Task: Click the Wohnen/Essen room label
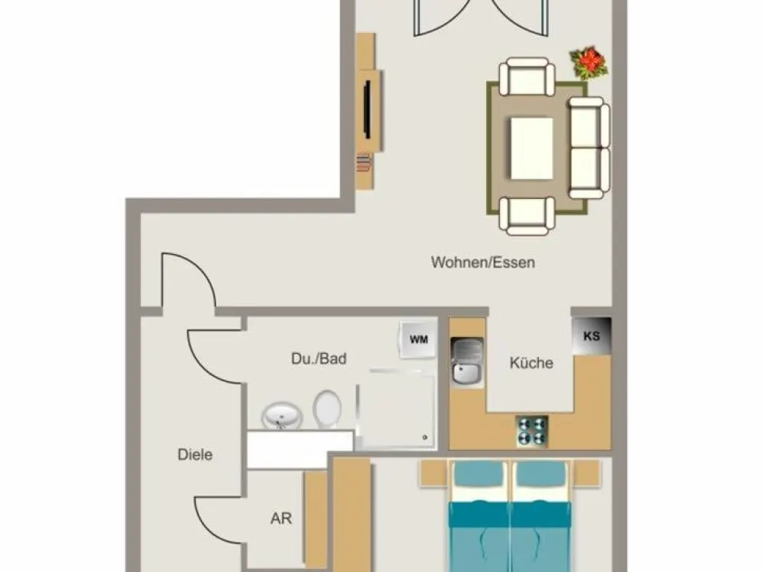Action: coord(482,262)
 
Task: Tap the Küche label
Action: coord(531,362)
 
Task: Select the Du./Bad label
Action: coord(319,358)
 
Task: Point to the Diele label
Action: coord(195,455)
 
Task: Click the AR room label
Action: coord(281,518)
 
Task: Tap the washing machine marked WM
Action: coord(418,339)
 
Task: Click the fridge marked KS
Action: coord(591,336)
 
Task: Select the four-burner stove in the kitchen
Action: coord(532,432)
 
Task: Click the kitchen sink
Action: coord(467,362)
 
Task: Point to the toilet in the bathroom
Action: coord(327,409)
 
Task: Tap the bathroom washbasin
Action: coord(282,416)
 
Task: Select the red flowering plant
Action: coord(588,63)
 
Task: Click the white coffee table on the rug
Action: coord(532,149)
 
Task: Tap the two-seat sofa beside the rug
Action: coord(589,147)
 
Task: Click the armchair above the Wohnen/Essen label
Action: coord(527,216)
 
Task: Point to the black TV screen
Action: coord(368,110)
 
